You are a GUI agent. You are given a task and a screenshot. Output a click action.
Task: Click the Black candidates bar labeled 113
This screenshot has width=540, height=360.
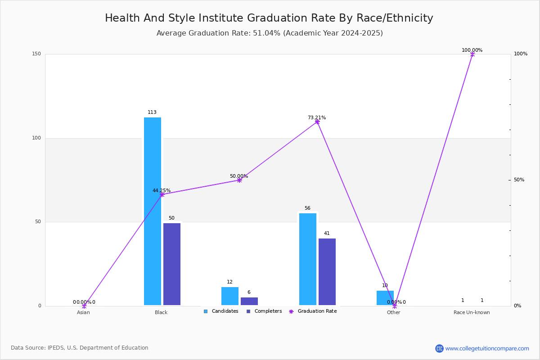[153, 211]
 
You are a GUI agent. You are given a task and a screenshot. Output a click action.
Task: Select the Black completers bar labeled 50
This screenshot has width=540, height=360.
[172, 264]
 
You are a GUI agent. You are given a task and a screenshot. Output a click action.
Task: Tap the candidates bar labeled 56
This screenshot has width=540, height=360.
[308, 259]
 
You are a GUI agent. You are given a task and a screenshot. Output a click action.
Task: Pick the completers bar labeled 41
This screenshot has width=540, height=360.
[327, 272]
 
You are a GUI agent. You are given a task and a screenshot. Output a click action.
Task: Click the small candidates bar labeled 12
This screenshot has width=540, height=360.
[230, 296]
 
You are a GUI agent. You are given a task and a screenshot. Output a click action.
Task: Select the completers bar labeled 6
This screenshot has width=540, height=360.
[249, 301]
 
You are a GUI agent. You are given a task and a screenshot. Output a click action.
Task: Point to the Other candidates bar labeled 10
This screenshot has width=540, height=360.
[385, 298]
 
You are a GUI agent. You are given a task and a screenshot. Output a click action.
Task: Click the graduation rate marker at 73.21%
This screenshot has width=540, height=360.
[317, 122]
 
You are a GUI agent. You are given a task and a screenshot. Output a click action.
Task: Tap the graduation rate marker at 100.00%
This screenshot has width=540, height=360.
[472, 54]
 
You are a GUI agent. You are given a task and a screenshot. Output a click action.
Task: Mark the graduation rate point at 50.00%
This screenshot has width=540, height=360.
[239, 180]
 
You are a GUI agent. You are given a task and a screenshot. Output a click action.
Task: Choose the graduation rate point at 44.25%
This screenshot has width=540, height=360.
[162, 194]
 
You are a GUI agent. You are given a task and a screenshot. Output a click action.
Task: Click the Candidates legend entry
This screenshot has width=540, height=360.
[221, 311]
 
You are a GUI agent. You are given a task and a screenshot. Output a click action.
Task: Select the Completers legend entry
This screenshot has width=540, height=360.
[264, 311]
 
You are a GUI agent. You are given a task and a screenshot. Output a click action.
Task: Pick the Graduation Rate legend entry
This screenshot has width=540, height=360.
[313, 311]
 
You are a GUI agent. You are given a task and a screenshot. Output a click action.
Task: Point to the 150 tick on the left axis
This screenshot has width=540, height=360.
[36, 54]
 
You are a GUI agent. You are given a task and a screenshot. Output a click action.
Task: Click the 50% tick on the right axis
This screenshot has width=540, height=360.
[519, 180]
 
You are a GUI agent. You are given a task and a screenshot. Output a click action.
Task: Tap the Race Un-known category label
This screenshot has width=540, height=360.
[472, 312]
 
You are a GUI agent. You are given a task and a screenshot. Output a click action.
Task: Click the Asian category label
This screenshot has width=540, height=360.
[83, 312]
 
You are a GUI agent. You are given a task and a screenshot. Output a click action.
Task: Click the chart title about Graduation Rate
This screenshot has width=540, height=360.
[269, 18]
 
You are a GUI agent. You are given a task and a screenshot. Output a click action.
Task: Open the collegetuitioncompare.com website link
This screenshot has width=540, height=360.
[487, 348]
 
